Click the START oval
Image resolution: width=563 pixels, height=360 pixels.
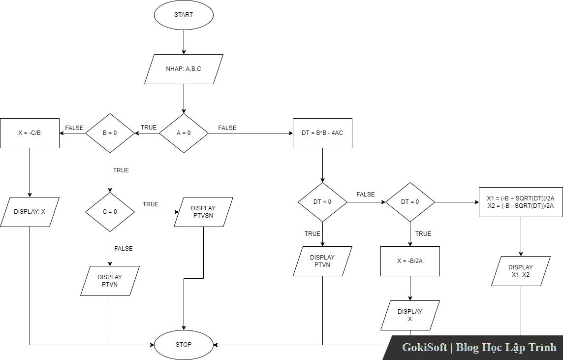184,15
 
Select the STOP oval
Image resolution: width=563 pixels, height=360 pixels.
184,345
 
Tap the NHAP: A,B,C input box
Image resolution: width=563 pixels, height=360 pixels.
184,69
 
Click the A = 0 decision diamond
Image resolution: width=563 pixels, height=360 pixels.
184,133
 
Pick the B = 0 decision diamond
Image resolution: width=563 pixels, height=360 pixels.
110,133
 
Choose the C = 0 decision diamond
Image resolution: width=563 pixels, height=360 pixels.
110,212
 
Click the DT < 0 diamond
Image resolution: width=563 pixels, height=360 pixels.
322,202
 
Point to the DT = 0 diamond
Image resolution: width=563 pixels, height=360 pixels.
410,202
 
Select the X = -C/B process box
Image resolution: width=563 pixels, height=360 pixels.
30,133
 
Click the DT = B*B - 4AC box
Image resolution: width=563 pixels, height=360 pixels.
322,133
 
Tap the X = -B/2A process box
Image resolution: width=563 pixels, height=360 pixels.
410,261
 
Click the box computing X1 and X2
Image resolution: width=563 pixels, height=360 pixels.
521,202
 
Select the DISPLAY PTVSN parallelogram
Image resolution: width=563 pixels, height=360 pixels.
203,212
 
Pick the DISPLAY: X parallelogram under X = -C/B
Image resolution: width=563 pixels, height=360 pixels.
30,212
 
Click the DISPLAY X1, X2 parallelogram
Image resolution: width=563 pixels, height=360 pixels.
521,271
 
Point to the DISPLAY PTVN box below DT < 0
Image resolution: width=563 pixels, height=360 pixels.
322,261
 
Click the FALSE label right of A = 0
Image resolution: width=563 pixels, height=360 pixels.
227,128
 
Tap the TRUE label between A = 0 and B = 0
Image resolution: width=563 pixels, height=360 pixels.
149,128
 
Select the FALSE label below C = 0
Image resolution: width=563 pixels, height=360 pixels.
124,249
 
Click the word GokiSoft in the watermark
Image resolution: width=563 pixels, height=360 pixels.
425,347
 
